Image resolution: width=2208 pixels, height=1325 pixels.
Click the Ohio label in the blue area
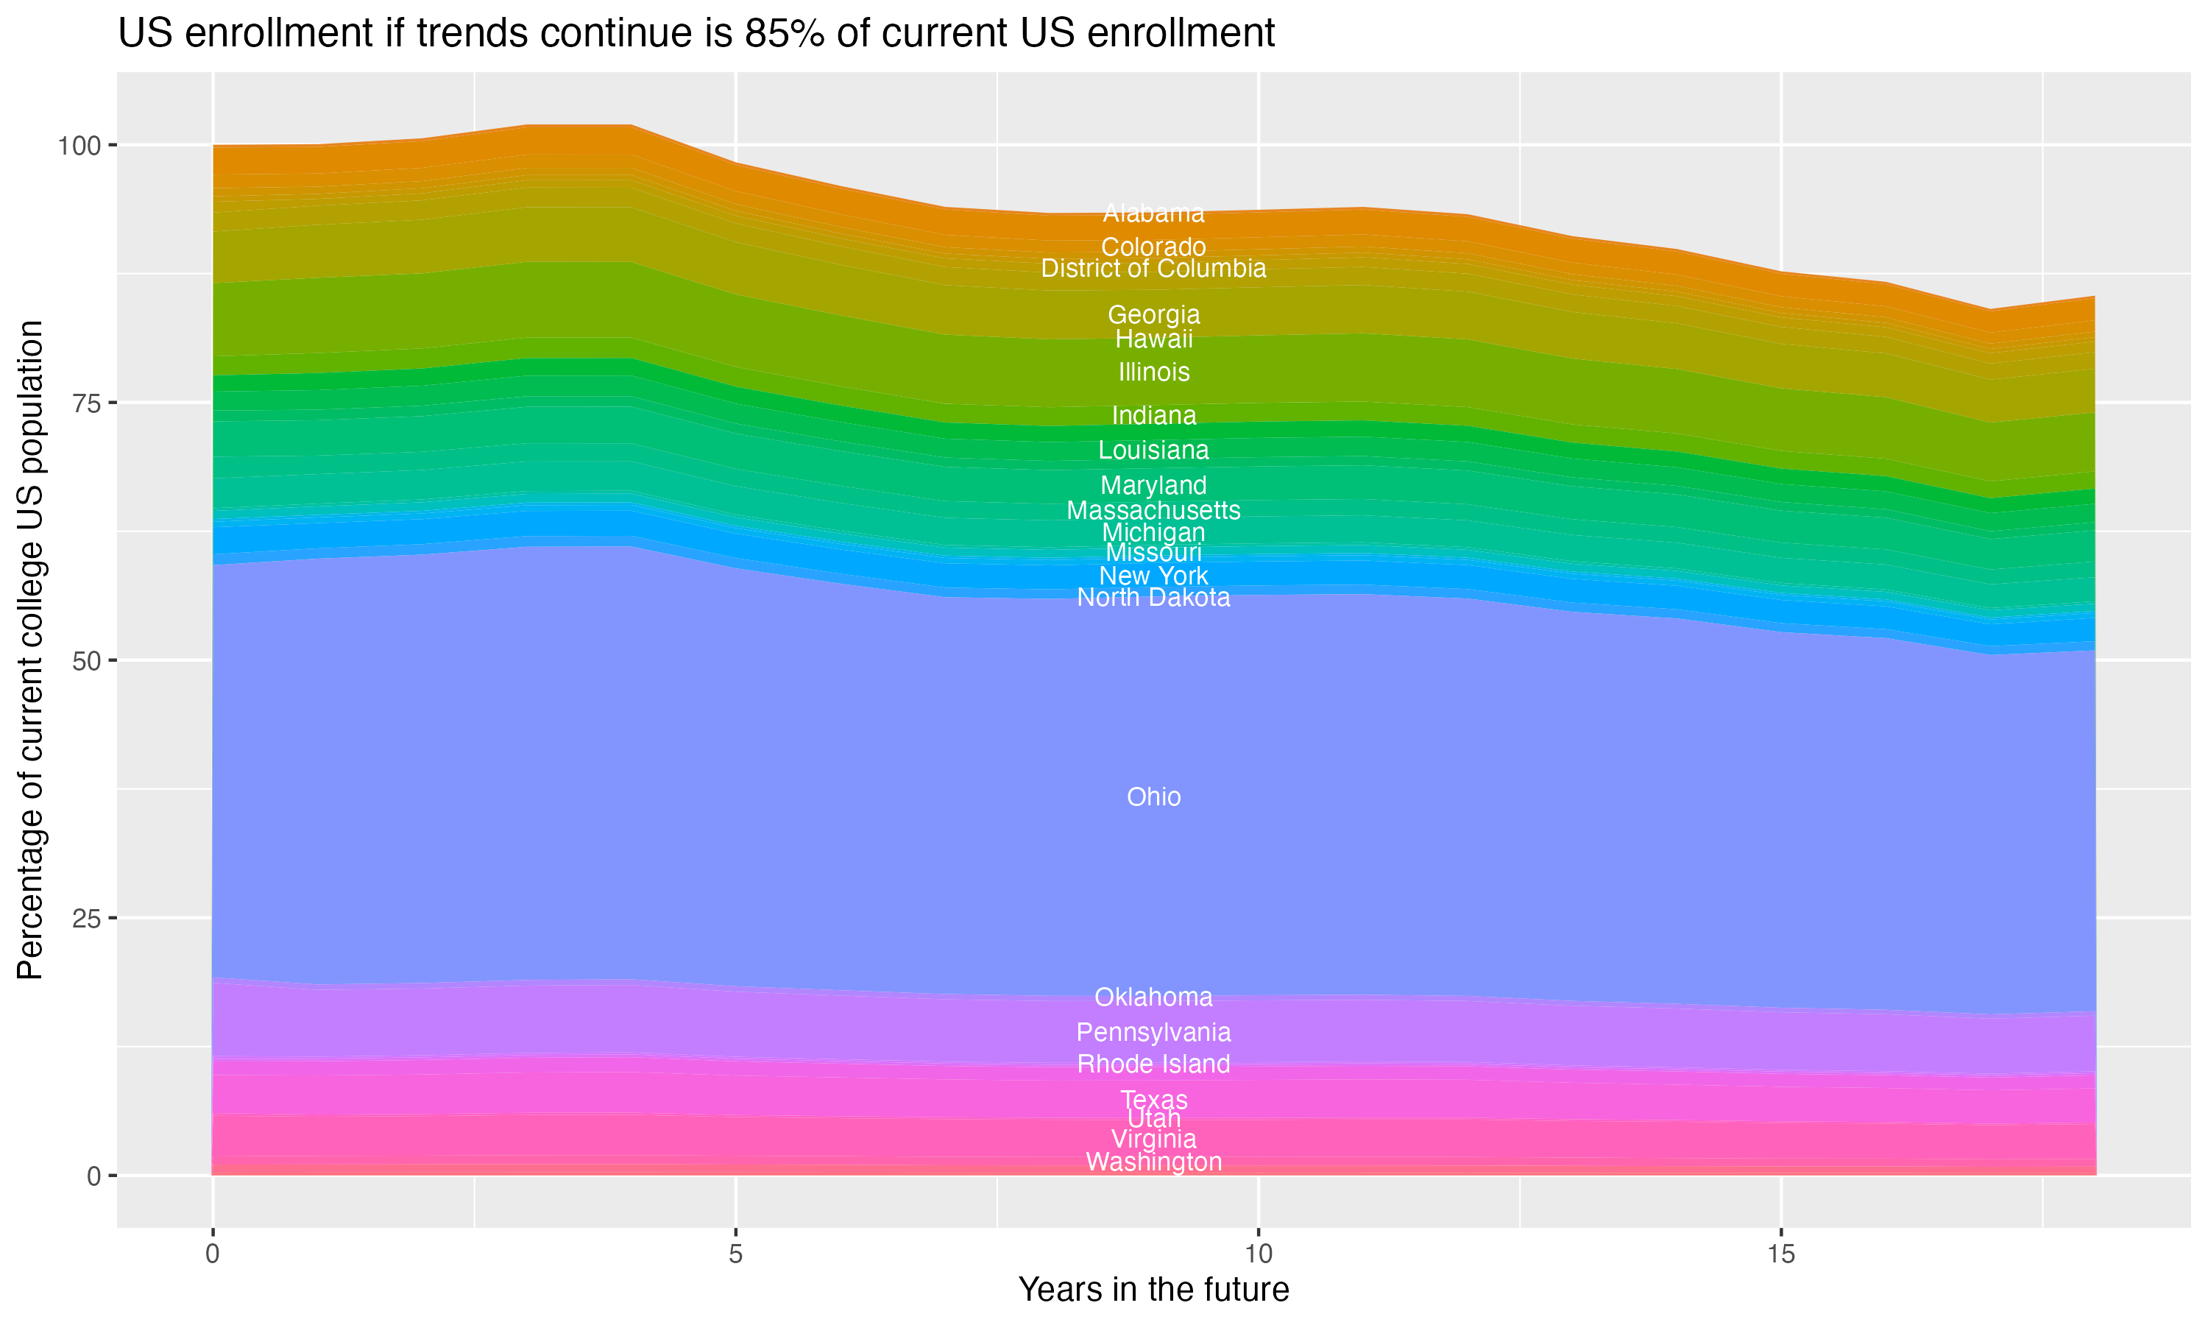click(x=1153, y=796)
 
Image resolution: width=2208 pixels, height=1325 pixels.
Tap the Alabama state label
click(x=1153, y=213)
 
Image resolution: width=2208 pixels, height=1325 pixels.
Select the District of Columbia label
click(x=1153, y=269)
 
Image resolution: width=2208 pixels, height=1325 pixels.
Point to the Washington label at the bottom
click(x=1153, y=1162)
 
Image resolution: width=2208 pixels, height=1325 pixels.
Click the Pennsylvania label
click(x=1153, y=1032)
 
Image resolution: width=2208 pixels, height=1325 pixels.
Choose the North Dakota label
click(x=1153, y=597)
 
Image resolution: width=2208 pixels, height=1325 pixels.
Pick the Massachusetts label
click(x=1153, y=511)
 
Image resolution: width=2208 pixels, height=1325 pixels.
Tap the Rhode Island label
click(x=1153, y=1064)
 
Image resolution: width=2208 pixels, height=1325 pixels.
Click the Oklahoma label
click(x=1153, y=997)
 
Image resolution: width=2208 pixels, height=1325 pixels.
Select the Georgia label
click(x=1153, y=314)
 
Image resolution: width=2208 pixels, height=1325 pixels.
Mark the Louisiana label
click(x=1153, y=450)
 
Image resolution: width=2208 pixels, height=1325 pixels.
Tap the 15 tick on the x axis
click(x=1780, y=1254)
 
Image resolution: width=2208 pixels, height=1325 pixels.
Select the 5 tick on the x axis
click(x=735, y=1254)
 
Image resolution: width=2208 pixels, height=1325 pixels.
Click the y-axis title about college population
click(x=30, y=649)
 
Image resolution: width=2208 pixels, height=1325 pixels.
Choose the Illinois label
click(x=1153, y=372)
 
